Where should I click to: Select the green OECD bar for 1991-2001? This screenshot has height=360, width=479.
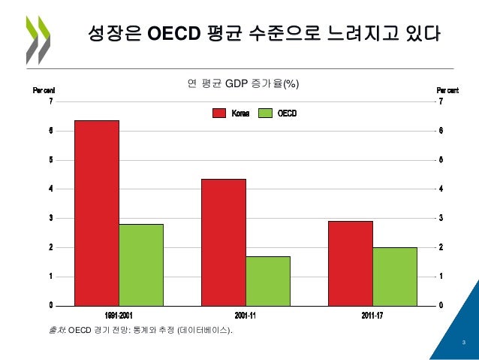pyautogui.click(x=141, y=265)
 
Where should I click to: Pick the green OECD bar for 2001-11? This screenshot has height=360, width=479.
pyautogui.click(x=268, y=280)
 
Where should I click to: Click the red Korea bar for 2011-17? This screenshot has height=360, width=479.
pyautogui.click(x=351, y=263)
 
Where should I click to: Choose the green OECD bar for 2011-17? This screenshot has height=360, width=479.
pyautogui.click(x=395, y=276)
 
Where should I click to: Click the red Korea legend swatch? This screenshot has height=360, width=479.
pyautogui.click(x=219, y=113)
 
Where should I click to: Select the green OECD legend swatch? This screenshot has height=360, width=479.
pyautogui.click(x=265, y=113)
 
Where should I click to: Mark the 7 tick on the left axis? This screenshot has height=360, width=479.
pyautogui.click(x=50, y=101)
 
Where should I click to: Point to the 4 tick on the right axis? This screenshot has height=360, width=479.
pyautogui.click(x=441, y=189)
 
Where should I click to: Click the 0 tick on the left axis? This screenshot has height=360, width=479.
pyautogui.click(x=50, y=305)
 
